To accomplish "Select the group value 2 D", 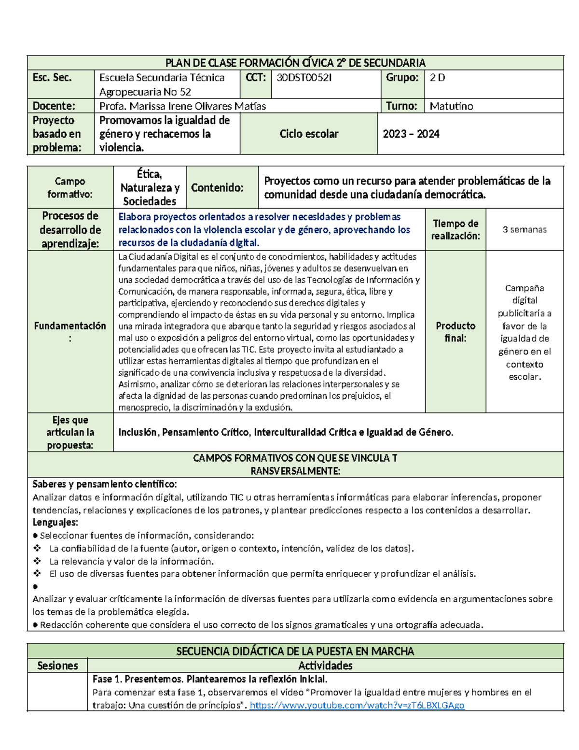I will (x=437, y=78).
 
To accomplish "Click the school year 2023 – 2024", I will (x=411, y=134).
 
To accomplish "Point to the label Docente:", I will (x=54, y=106).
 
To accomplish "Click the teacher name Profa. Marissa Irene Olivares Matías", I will (x=182, y=106).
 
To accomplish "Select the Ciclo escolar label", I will (x=309, y=134).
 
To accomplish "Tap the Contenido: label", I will (x=217, y=187).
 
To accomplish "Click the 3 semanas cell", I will (x=524, y=229).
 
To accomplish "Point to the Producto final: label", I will (x=455, y=332).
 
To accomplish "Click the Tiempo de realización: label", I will (x=455, y=229).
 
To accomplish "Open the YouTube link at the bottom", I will (x=357, y=705).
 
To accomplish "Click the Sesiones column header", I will (x=57, y=665).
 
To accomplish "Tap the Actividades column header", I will (x=325, y=665).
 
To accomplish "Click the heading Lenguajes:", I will (x=55, y=522).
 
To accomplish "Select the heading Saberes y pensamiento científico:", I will (x=104, y=484).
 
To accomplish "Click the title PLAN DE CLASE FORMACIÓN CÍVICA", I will (x=295, y=63).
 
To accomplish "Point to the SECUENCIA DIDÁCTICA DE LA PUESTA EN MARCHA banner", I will (x=295, y=651).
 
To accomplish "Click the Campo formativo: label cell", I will (x=70, y=187).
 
